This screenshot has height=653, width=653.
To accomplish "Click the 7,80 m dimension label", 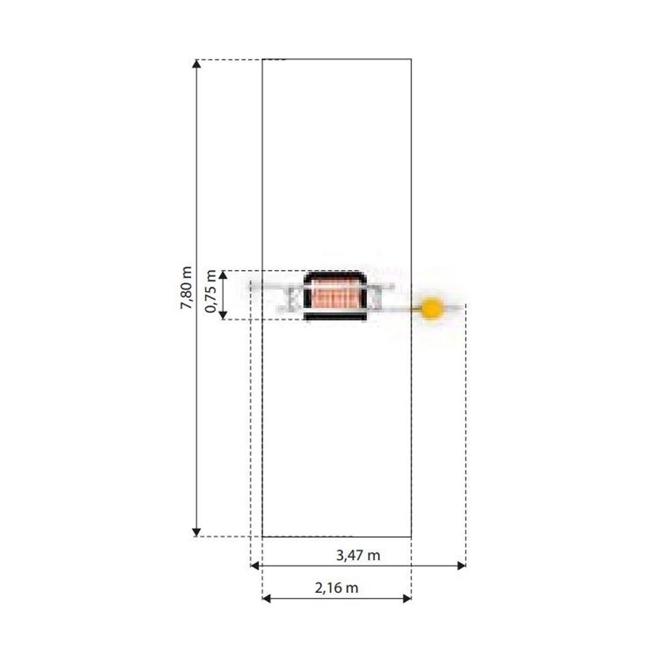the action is [x=185, y=288].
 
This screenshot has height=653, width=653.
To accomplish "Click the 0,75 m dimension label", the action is [x=211, y=291].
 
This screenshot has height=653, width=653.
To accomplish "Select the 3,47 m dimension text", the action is [x=358, y=556].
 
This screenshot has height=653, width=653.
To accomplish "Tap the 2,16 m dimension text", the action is [x=336, y=588].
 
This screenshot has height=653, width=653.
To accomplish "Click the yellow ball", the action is [x=432, y=308].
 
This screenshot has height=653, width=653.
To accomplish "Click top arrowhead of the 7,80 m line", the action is [x=197, y=64].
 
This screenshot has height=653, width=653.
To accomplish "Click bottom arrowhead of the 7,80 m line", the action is [x=197, y=532].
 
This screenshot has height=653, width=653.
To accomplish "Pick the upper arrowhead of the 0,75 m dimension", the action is [x=223, y=275].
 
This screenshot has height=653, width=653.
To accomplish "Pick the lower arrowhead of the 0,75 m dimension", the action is [x=223, y=315].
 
